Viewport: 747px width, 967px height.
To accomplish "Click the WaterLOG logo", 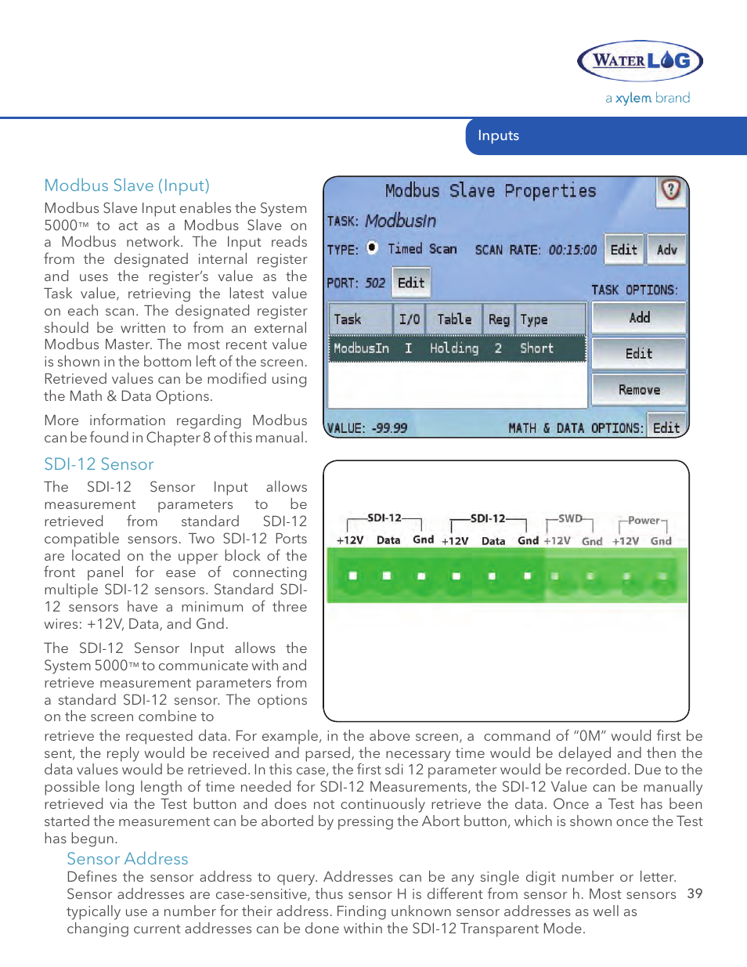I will [x=640, y=60].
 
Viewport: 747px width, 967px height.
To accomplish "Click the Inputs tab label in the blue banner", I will [x=498, y=135].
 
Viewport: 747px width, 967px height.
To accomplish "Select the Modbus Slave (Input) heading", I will [x=127, y=186].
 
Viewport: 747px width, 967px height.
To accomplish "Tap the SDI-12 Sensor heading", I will [x=99, y=464].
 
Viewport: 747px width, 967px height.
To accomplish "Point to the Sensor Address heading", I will [x=128, y=859].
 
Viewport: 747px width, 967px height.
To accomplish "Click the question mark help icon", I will [x=671, y=190].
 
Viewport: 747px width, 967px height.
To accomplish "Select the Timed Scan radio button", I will [x=373, y=247].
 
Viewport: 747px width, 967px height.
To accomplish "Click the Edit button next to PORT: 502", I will [x=411, y=283].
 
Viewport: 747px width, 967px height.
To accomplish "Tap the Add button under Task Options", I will [x=639, y=317].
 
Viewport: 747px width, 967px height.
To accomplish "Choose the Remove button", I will [x=639, y=389].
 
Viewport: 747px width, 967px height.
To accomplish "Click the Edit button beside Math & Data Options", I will [x=666, y=428].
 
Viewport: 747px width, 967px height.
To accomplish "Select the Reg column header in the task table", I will [x=499, y=319].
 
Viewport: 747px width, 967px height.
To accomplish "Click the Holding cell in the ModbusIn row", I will [x=454, y=348].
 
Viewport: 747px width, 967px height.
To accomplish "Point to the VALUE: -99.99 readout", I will [x=367, y=428].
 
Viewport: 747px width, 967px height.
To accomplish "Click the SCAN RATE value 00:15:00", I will [x=572, y=250].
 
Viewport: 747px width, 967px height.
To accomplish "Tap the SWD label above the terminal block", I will [x=570, y=518].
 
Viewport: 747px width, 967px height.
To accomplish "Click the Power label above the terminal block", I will [x=644, y=520].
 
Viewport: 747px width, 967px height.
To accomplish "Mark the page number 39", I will [x=695, y=894].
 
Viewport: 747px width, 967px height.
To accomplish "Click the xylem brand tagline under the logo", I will [x=648, y=98].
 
